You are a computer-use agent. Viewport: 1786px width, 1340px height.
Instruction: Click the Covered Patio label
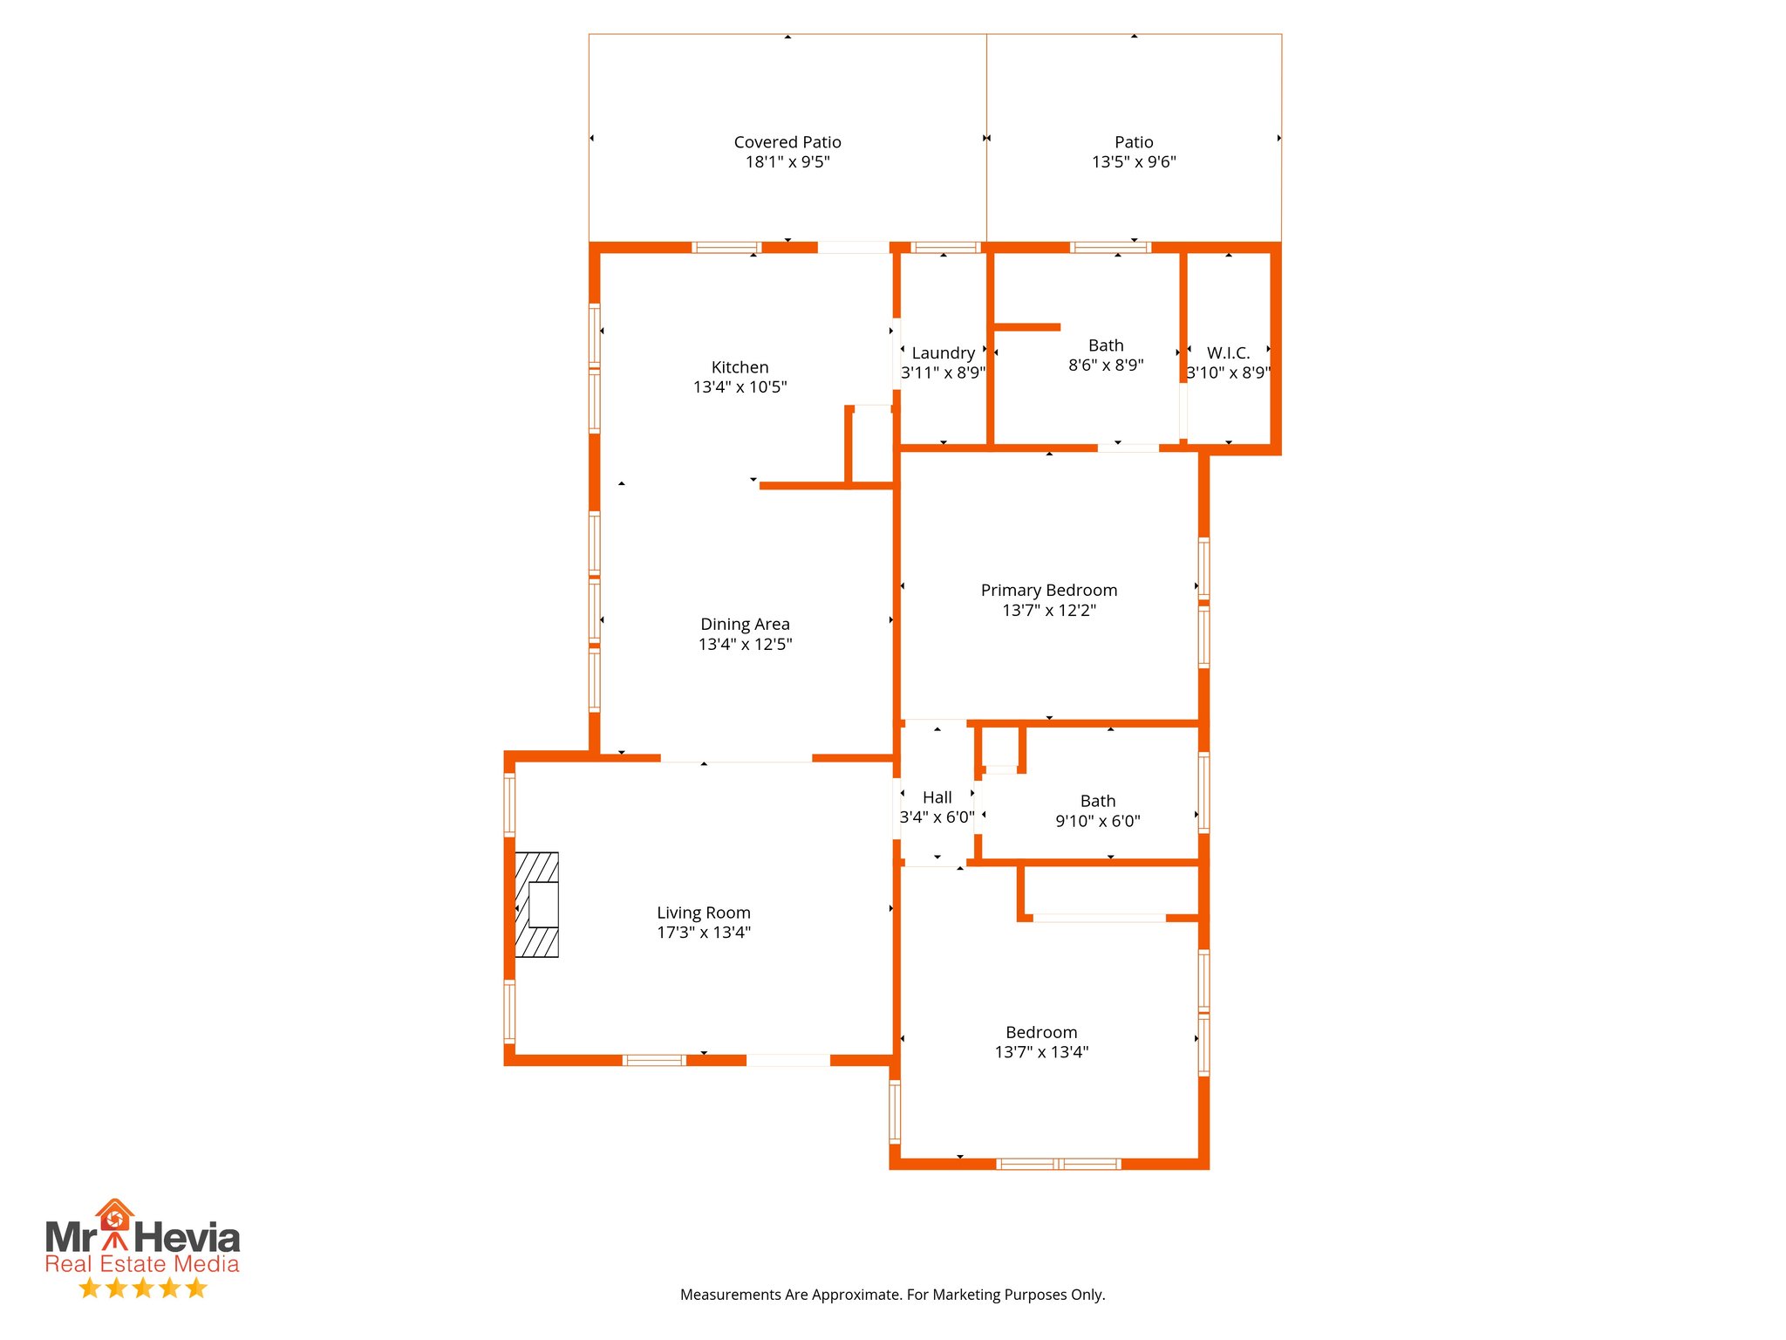point(787,142)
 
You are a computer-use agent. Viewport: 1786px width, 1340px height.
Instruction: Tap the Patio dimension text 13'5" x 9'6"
point(1133,162)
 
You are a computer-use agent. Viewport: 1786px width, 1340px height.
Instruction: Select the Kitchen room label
point(740,367)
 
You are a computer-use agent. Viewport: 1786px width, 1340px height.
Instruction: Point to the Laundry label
point(943,353)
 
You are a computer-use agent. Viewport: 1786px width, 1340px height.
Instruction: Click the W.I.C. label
point(1228,353)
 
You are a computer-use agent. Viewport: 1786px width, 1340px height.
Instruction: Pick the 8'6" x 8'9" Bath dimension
point(1105,366)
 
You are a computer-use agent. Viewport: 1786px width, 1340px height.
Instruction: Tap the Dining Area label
point(745,625)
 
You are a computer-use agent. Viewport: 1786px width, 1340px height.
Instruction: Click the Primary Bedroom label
point(1048,591)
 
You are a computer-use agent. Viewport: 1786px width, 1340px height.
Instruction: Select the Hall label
point(937,797)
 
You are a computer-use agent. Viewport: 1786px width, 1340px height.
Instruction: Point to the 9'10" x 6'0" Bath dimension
point(1097,821)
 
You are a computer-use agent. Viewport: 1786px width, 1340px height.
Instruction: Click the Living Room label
point(703,913)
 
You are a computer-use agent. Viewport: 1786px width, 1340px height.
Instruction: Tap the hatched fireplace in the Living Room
point(537,905)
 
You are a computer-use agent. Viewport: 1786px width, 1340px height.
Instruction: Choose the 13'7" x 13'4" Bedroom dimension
point(1041,1052)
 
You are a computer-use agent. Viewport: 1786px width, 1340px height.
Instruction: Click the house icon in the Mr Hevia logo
point(114,1216)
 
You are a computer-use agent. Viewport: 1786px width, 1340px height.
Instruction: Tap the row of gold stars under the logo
point(142,1288)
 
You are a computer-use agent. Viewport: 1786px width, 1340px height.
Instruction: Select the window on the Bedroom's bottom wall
point(1058,1164)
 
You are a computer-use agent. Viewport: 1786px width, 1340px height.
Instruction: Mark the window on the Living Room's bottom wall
point(653,1060)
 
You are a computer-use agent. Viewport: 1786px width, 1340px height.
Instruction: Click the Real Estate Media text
point(142,1264)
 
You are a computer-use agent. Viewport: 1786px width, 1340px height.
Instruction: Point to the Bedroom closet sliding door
point(1099,918)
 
